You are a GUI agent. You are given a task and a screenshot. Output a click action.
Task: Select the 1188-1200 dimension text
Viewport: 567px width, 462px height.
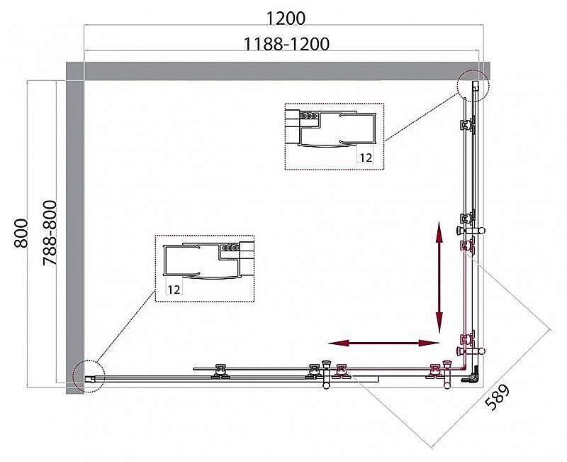point(286,44)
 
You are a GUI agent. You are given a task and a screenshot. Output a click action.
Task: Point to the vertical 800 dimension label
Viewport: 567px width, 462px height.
point(21,232)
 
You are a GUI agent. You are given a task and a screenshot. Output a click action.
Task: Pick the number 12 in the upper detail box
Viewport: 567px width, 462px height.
point(365,158)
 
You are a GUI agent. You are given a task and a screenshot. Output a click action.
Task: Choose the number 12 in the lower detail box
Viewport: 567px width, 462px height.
point(175,289)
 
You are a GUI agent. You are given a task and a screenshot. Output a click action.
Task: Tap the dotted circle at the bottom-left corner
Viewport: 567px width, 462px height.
point(89,375)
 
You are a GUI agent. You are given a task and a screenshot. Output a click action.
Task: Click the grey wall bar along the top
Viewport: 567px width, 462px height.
point(276,70)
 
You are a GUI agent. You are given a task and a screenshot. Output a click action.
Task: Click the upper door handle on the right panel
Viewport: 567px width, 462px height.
point(471,231)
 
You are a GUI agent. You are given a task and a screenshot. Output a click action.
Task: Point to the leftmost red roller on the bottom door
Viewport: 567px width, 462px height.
point(344,370)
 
